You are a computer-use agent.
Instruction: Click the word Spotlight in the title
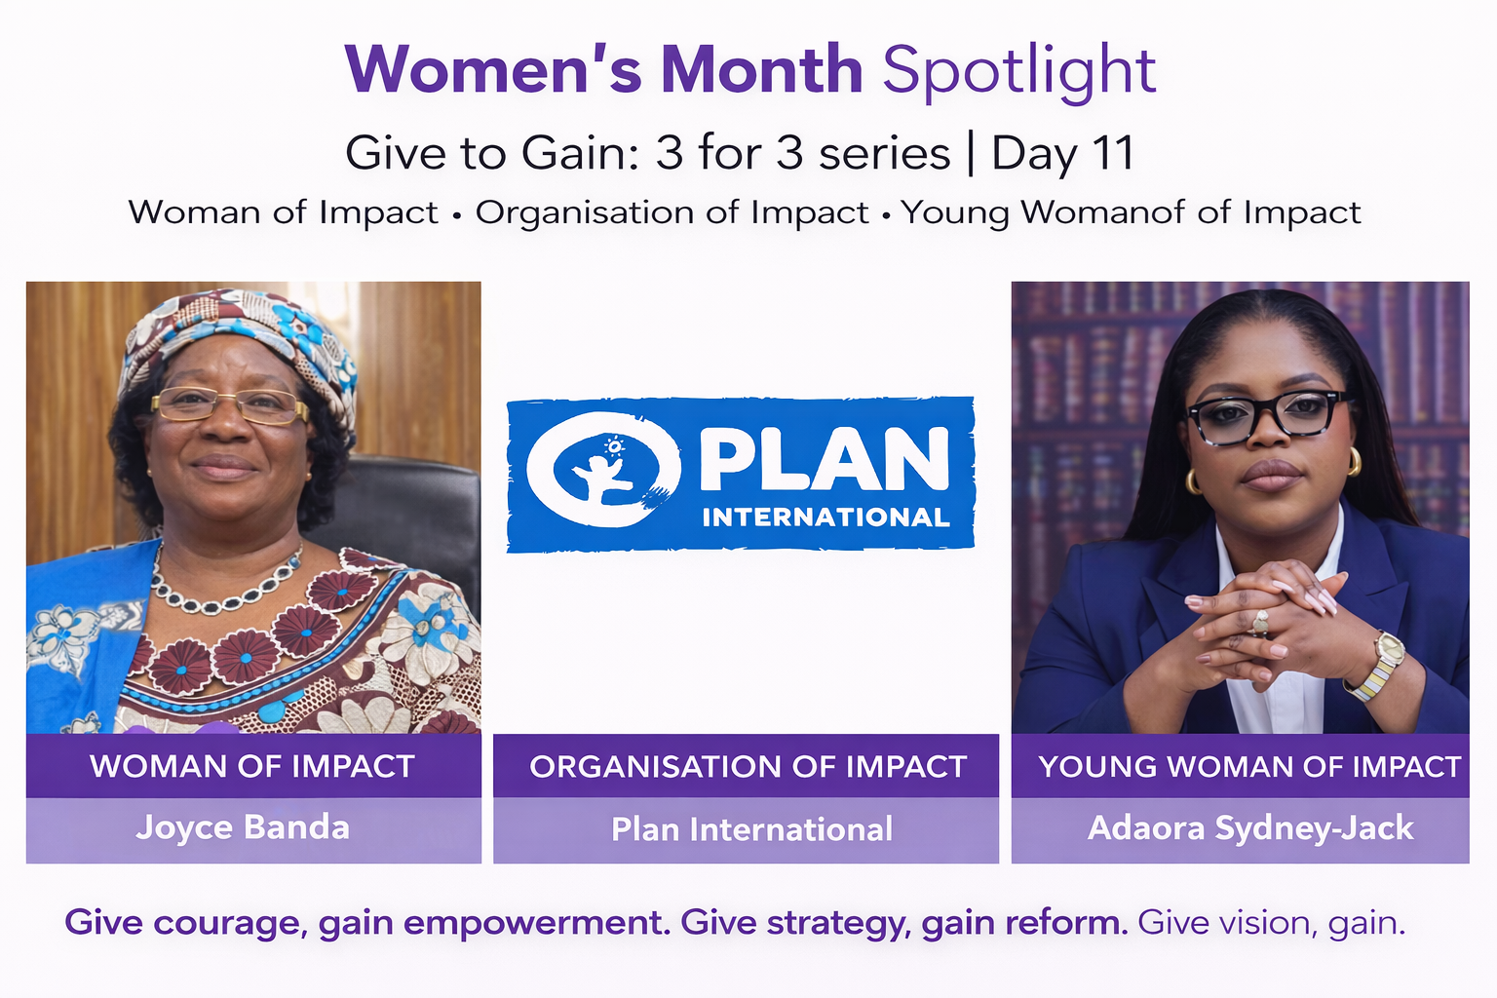[1019, 71]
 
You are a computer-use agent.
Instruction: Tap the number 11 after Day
[1113, 153]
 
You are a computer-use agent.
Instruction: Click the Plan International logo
[741, 475]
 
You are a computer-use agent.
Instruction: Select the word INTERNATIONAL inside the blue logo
[826, 518]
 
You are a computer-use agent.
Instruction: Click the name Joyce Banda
[243, 827]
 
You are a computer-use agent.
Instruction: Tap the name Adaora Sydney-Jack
[1250, 828]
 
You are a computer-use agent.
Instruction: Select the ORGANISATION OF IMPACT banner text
[748, 767]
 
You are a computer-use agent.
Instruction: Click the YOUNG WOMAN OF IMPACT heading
[1249, 767]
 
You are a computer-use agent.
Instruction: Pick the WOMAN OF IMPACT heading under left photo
[252, 766]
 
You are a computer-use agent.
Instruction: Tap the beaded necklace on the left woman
[224, 585]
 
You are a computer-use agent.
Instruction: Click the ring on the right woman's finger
[1260, 623]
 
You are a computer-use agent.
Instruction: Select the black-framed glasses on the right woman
[1267, 417]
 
